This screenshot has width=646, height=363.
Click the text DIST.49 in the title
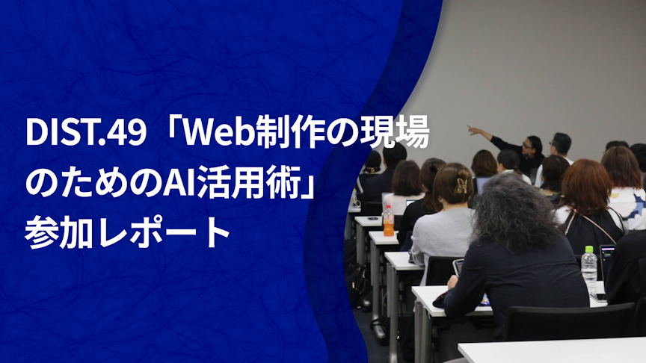pyautogui.click(x=86, y=133)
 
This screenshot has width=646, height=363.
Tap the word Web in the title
pyautogui.click(x=219, y=133)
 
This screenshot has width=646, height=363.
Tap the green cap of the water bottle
pyautogui.click(x=589, y=249)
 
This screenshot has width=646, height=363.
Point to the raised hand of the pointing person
pyautogui.click(x=472, y=130)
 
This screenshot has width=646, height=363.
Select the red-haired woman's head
pyautogui.click(x=587, y=186)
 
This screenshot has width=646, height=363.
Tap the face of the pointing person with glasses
pyautogui.click(x=528, y=147)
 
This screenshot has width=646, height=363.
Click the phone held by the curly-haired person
pyautogui.click(x=458, y=267)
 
